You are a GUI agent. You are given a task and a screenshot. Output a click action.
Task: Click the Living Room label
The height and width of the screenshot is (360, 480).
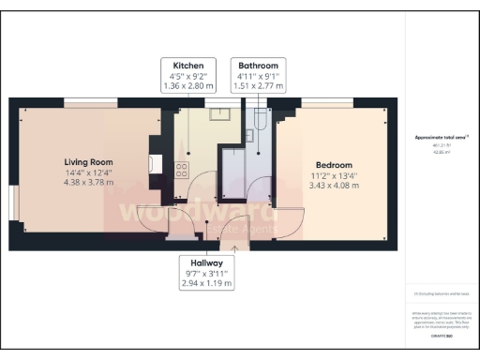point(87,159)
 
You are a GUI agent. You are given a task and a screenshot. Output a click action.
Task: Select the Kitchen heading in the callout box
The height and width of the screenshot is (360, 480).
point(189,66)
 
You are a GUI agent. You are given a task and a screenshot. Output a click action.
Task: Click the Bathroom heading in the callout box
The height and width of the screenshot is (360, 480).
point(257,66)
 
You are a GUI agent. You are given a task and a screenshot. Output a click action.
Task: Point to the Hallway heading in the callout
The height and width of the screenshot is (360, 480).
point(206,263)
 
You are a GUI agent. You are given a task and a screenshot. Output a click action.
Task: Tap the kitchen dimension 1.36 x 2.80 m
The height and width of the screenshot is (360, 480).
point(189,86)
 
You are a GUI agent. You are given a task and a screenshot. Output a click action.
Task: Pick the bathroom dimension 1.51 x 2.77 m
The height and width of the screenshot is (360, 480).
point(257,86)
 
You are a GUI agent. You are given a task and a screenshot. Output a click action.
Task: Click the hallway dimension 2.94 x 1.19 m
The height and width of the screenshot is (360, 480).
point(206,283)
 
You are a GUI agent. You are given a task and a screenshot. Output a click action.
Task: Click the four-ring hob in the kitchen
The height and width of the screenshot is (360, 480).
point(182,170)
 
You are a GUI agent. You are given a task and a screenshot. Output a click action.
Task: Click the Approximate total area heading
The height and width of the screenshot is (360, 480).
point(442,137)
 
